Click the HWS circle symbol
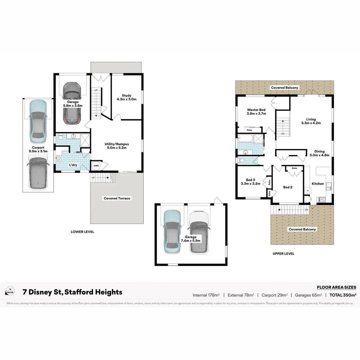tap(96, 166)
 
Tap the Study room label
tap(126, 96)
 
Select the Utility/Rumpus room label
tap(116, 144)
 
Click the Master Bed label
tap(256, 110)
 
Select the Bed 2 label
tap(287, 187)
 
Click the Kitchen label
tap(318, 184)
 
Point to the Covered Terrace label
tap(117, 198)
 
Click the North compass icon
tap(10, 291)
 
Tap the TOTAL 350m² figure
tap(343, 295)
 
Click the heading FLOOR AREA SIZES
tap(336, 287)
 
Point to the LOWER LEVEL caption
tap(82, 232)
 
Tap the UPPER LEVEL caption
tap(283, 254)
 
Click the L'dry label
tap(73, 165)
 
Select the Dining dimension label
tap(319, 155)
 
